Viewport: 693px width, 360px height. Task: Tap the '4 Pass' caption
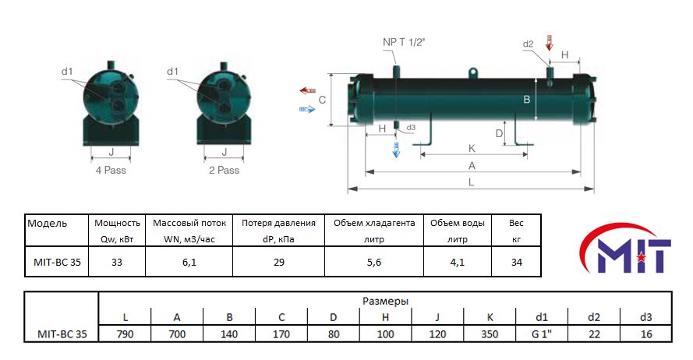110,170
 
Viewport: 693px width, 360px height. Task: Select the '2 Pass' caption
224,170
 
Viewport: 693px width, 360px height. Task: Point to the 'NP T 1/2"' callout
402,42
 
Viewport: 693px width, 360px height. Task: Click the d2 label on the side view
528,44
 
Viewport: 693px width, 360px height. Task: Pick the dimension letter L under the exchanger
472,182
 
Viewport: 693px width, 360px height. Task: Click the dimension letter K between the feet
471,148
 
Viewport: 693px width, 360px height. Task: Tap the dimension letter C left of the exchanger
322,100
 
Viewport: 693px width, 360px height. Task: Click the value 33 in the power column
117,263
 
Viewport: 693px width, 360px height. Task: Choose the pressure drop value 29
278,263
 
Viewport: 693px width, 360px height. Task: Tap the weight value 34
516,263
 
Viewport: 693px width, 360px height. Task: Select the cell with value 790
126,334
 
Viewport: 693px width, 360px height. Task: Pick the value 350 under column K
489,334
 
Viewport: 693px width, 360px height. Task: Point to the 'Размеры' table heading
385,300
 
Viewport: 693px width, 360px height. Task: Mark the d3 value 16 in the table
645,334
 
